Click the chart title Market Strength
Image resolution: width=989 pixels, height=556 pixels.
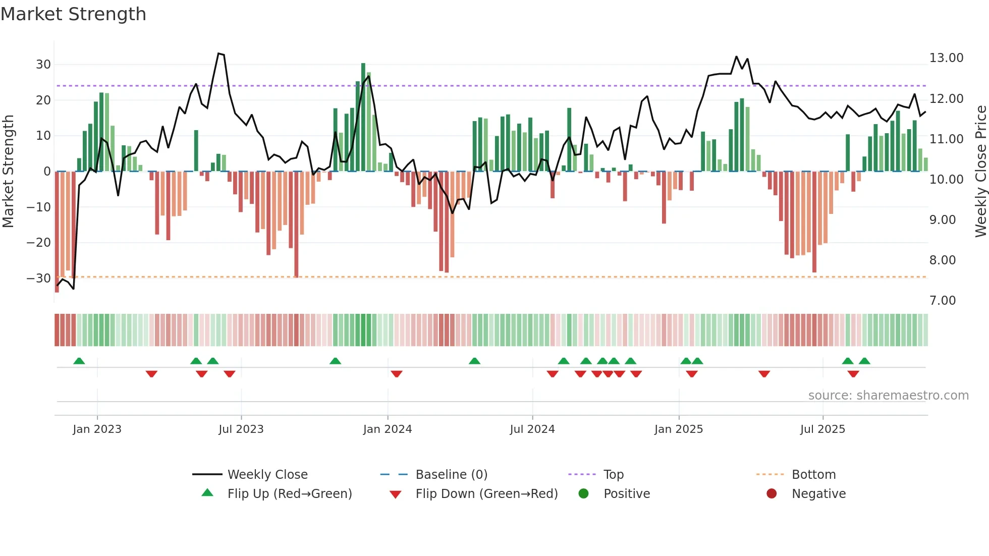click(73, 14)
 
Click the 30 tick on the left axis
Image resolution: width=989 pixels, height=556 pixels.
click(43, 65)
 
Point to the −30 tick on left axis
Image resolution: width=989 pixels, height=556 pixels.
click(39, 279)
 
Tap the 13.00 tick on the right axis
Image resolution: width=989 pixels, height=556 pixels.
click(946, 58)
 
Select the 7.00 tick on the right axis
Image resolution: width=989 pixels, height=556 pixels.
click(943, 301)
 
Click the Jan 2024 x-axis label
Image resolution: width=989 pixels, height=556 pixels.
click(388, 429)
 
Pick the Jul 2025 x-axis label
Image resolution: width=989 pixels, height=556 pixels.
click(822, 429)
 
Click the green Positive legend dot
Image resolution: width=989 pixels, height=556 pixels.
click(584, 494)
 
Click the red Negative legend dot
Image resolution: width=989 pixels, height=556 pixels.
click(772, 494)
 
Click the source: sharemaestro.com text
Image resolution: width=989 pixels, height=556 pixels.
click(888, 396)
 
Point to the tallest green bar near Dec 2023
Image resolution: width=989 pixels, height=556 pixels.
click(363, 116)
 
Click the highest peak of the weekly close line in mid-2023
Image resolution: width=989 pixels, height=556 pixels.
click(218, 53)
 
